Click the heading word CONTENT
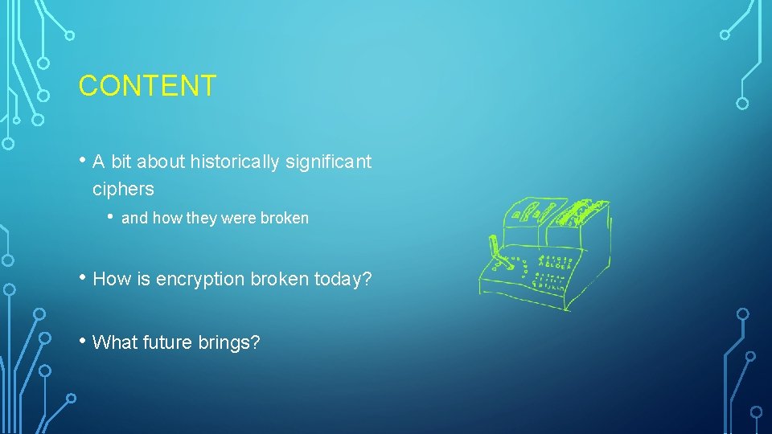coord(147,86)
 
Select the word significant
coord(333,162)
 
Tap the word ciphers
coord(123,190)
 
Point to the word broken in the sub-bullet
coord(285,219)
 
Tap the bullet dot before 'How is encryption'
coord(83,278)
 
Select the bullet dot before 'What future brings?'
coord(83,341)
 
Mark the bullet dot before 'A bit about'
coord(83,161)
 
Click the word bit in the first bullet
coord(121,162)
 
